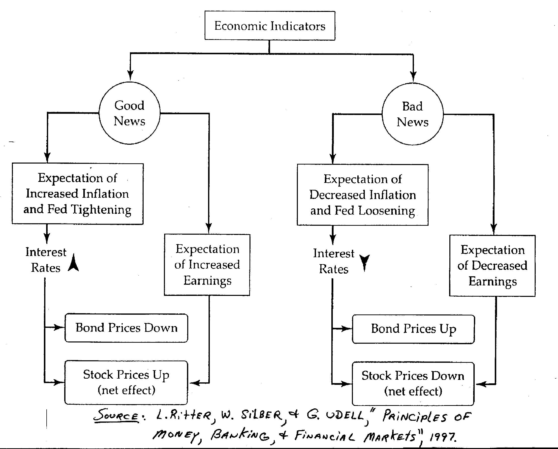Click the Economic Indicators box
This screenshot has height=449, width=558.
click(x=270, y=26)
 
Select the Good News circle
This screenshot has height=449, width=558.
click(x=129, y=113)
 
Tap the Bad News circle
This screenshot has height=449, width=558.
click(x=412, y=114)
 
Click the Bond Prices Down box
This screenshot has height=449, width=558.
click(x=126, y=328)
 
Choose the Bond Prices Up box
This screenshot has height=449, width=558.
click(x=413, y=329)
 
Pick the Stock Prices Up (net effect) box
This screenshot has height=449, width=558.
click(x=126, y=382)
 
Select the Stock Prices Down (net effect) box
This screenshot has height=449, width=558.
click(x=413, y=384)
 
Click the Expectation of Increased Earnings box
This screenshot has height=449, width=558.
click(x=207, y=265)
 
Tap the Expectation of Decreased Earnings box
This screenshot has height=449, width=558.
click(x=492, y=266)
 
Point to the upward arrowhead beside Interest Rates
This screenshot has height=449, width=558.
click(x=73, y=262)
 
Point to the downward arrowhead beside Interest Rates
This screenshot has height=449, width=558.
click(x=365, y=262)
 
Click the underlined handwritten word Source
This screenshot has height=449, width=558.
click(x=117, y=415)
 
